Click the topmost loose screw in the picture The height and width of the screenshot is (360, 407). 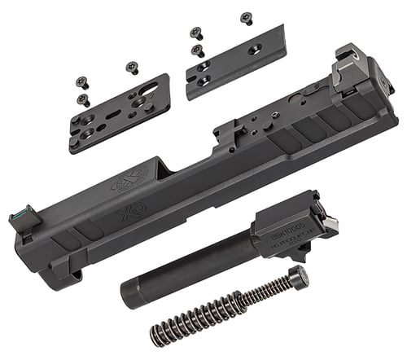coord(247,17)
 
